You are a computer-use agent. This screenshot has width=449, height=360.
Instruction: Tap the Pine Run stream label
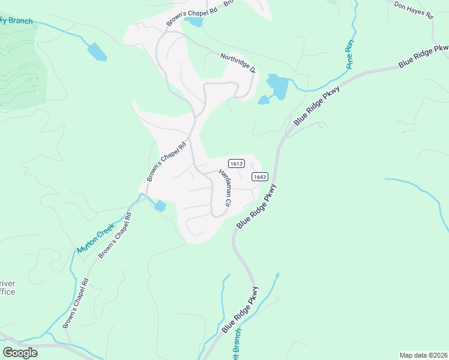tap(348, 55)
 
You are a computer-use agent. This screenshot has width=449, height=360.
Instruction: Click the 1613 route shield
tap(236, 163)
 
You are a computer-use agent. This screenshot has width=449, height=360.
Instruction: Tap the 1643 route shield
tap(259, 176)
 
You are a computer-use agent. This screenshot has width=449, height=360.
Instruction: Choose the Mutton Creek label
tap(95, 238)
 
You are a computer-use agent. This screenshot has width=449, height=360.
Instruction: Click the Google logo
tap(20, 353)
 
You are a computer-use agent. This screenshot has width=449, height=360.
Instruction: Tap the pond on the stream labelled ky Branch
tap(97, 52)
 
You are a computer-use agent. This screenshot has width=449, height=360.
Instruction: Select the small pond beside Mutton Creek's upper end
tap(160, 206)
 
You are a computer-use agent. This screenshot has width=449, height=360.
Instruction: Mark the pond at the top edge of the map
tap(194, 22)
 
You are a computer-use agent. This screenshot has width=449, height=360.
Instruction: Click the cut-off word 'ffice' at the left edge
tap(7, 292)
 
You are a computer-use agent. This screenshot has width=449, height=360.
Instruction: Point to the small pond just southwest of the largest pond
tap(263, 100)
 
